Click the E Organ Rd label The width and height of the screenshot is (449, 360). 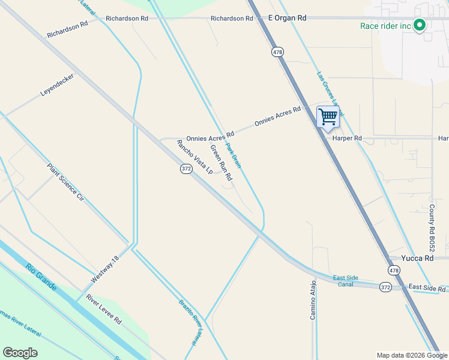(287, 18)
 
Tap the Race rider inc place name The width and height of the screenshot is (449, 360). (385, 26)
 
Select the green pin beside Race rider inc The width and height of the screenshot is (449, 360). (420, 26)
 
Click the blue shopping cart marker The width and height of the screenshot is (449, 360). (328, 117)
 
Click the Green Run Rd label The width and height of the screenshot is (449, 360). (220, 163)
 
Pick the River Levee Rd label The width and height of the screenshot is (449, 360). (103, 309)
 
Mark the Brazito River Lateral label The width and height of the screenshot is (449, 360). (188, 321)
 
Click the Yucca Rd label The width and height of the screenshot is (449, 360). (418, 258)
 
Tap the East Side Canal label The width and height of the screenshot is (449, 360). (346, 281)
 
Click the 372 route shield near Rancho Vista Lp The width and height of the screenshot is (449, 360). (186, 170)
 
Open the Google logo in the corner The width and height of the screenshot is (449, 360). (20, 353)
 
